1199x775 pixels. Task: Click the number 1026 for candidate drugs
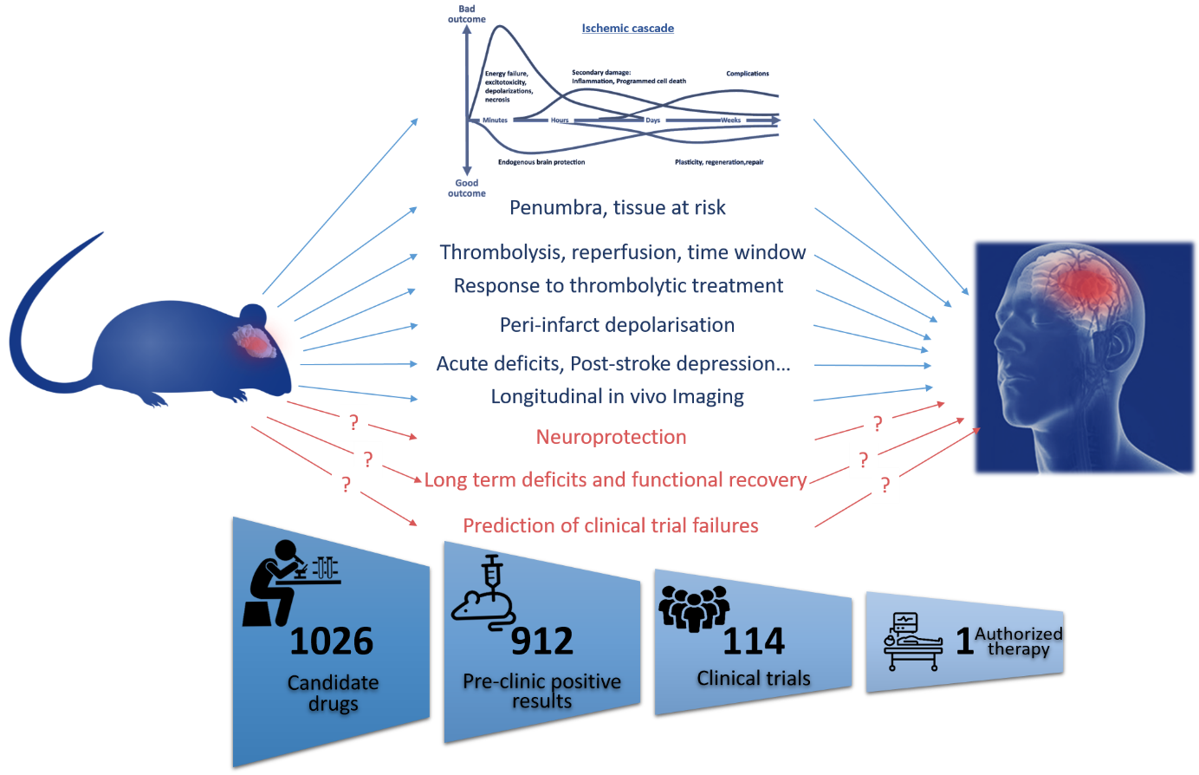tap(331, 642)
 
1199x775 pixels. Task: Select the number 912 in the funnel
tap(541, 642)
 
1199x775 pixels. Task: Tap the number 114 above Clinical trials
tap(754, 642)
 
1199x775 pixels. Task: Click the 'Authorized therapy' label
tap(1018, 641)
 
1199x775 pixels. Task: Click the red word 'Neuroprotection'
tap(611, 437)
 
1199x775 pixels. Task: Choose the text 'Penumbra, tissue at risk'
tap(618, 208)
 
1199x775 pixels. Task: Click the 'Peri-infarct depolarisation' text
tap(617, 325)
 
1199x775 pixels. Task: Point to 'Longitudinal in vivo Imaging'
tap(617, 397)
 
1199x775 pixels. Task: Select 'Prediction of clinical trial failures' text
tap(611, 526)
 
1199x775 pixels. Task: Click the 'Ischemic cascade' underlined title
tap(627, 29)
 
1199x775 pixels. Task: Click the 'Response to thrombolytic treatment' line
tap(619, 286)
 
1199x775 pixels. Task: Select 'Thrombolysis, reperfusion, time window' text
tap(622, 252)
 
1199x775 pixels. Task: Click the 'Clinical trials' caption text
tap(754, 679)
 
